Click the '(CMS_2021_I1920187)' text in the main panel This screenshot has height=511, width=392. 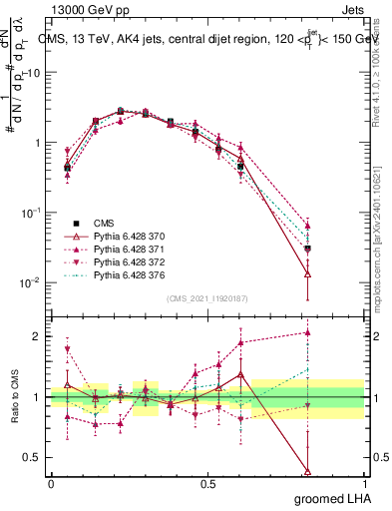tap(206, 298)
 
